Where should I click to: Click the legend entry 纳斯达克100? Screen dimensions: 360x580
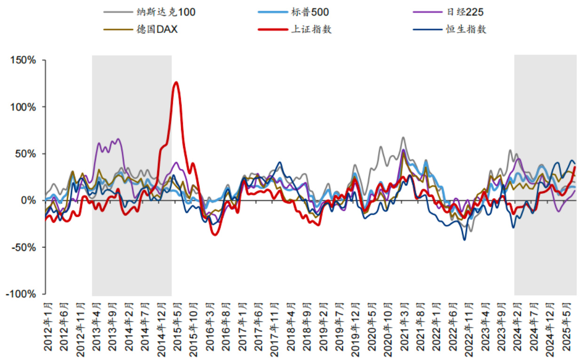pos(165,12)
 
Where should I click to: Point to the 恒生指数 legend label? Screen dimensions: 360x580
pos(466,29)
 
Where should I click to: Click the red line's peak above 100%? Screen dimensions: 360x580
pos(176,82)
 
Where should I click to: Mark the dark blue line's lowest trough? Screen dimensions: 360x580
pos(464,240)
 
